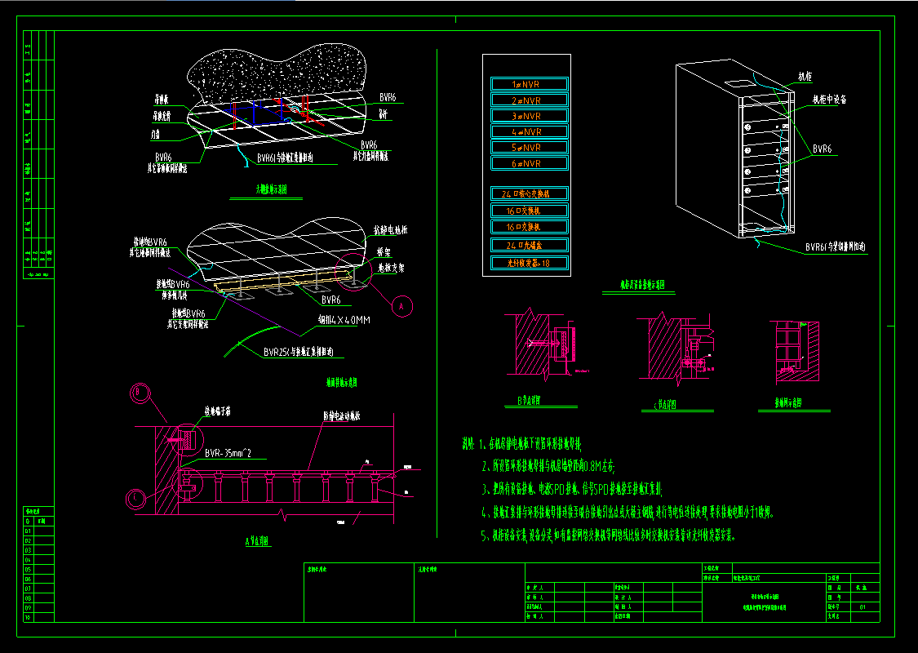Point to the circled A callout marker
click(x=401, y=305)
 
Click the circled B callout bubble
click(x=140, y=393)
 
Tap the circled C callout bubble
click(x=136, y=496)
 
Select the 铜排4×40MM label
click(x=344, y=321)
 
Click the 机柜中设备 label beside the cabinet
click(x=829, y=100)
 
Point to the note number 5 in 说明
click(x=485, y=536)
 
